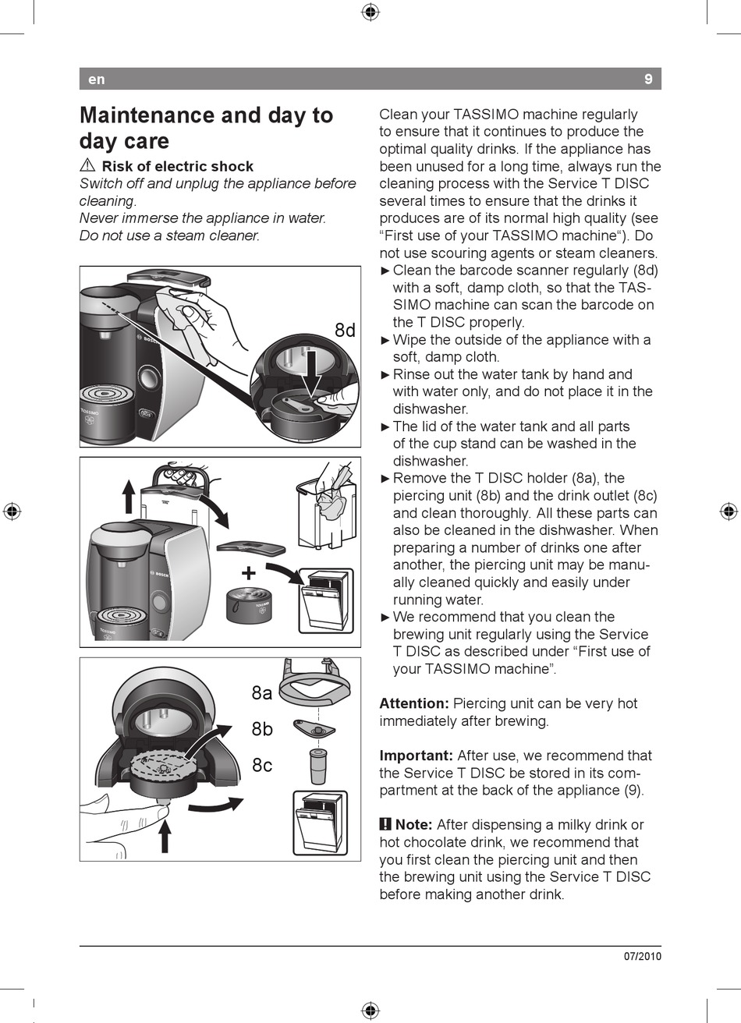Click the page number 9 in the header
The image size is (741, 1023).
tap(648, 79)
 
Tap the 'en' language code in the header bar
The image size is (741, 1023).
tap(96, 80)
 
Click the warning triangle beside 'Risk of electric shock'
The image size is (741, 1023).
tap(87, 166)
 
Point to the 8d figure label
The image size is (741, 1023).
tap(345, 331)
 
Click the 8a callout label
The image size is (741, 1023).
tap(262, 693)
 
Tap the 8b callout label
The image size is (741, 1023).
tap(262, 729)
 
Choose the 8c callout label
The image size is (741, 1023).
tap(262, 766)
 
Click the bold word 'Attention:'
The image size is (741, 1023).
tap(414, 703)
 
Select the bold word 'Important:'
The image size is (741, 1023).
tap(416, 756)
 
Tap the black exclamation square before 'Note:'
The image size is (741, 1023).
tap(385, 824)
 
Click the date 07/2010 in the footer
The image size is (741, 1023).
tap(642, 957)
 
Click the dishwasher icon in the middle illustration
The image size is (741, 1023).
tap(326, 600)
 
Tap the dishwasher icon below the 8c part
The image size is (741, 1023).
tap(320, 823)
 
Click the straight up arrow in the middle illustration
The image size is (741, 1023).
tap(129, 497)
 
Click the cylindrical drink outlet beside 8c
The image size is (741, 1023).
tap(317, 766)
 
